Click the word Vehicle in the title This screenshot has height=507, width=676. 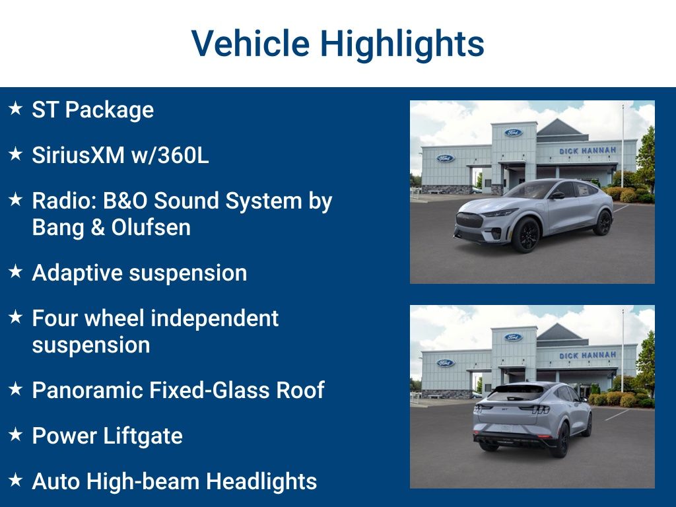click(x=250, y=43)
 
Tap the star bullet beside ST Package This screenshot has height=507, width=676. click(x=16, y=108)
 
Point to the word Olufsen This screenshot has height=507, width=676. click(x=151, y=227)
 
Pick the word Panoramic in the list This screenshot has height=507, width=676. click(x=88, y=390)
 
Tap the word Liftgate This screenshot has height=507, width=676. click(x=143, y=436)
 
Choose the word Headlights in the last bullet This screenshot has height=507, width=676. click(x=261, y=481)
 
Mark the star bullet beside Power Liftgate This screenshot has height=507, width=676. click(x=16, y=434)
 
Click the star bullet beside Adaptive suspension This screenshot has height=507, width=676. click(x=16, y=271)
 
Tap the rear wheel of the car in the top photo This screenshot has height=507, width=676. click(x=603, y=222)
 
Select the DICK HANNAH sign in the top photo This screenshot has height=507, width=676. click(x=588, y=151)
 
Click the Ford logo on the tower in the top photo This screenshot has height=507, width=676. click(x=514, y=133)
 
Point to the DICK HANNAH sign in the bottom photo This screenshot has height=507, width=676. click(x=588, y=355)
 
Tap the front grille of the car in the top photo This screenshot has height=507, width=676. click(x=470, y=220)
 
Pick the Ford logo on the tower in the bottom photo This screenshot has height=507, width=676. click(x=514, y=337)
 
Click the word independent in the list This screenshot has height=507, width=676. click(x=215, y=319)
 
